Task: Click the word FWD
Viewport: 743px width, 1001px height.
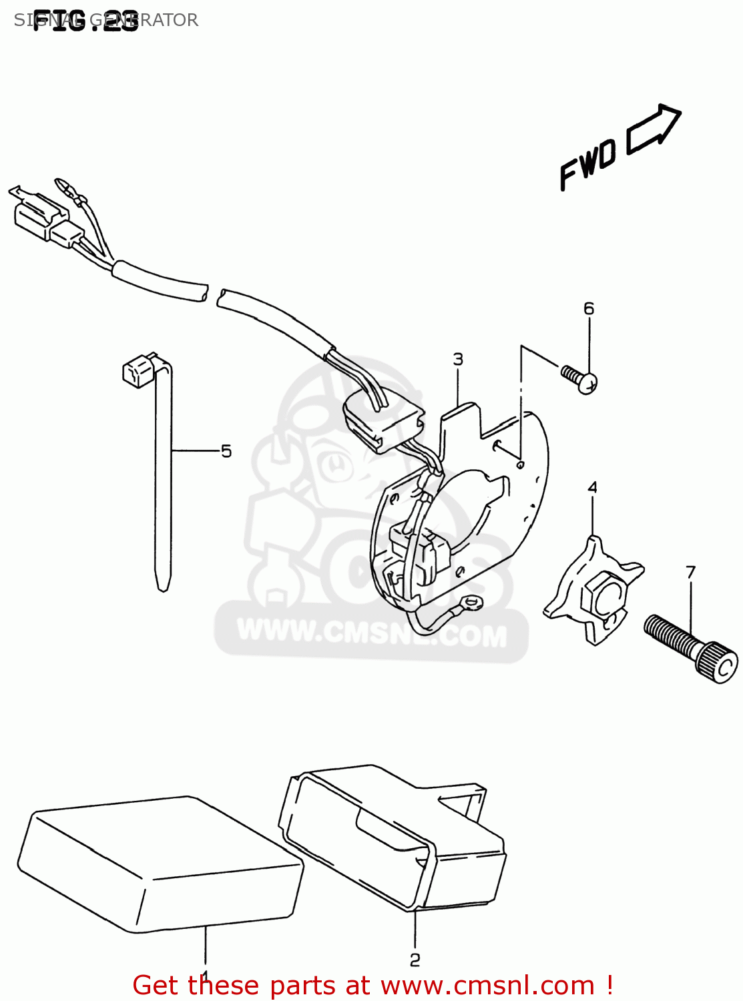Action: point(587,164)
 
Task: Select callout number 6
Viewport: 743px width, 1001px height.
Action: point(588,308)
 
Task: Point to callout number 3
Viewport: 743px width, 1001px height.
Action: point(458,359)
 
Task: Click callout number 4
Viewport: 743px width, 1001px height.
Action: point(592,487)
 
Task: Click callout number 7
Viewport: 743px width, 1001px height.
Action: point(690,572)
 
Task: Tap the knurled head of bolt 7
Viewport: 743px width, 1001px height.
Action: point(718,662)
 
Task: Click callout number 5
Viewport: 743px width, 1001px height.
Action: point(226,452)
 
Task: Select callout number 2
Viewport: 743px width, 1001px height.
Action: point(415,960)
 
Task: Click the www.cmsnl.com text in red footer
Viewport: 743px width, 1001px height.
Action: point(487,986)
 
